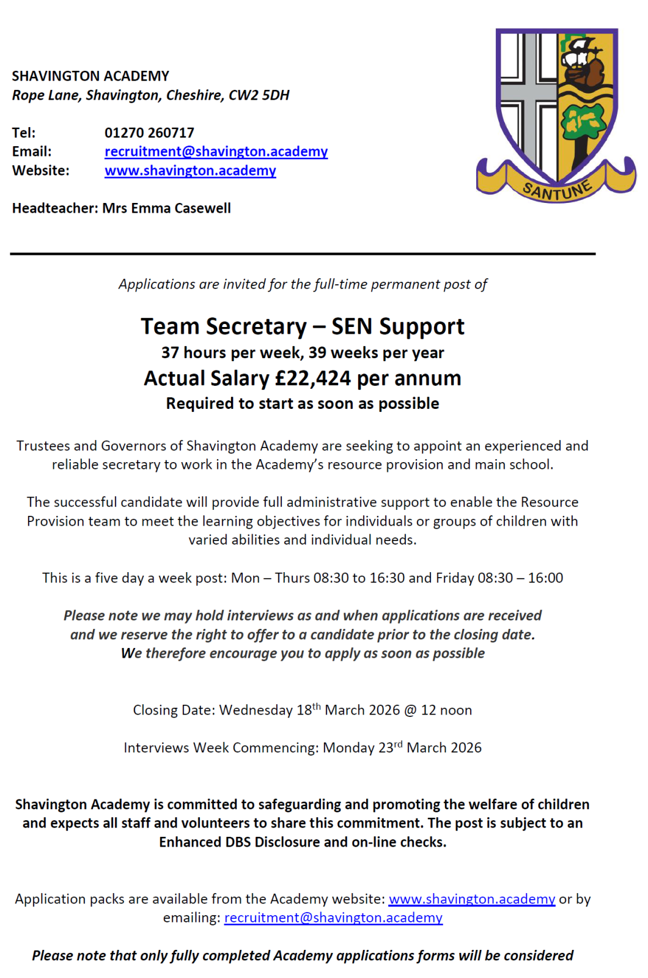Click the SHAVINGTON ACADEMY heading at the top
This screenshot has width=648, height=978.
90,76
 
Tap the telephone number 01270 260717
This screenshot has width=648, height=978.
149,133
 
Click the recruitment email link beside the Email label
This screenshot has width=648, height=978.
216,152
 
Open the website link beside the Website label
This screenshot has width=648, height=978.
190,171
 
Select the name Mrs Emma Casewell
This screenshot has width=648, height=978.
166,208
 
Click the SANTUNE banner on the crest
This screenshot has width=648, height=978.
557,190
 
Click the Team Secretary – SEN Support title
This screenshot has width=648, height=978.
303,326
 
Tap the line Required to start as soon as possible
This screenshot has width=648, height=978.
303,404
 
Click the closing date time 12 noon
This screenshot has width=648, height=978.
446,710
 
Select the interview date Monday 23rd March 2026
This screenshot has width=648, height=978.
402,748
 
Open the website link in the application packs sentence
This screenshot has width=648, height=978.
472,899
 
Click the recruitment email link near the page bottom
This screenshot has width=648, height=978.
333,918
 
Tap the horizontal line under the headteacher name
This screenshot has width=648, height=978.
303,254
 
